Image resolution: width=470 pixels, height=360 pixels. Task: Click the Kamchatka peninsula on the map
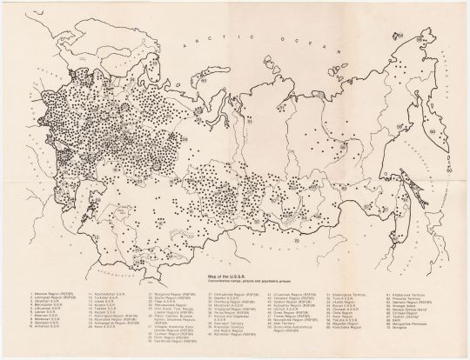(x=434, y=130)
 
